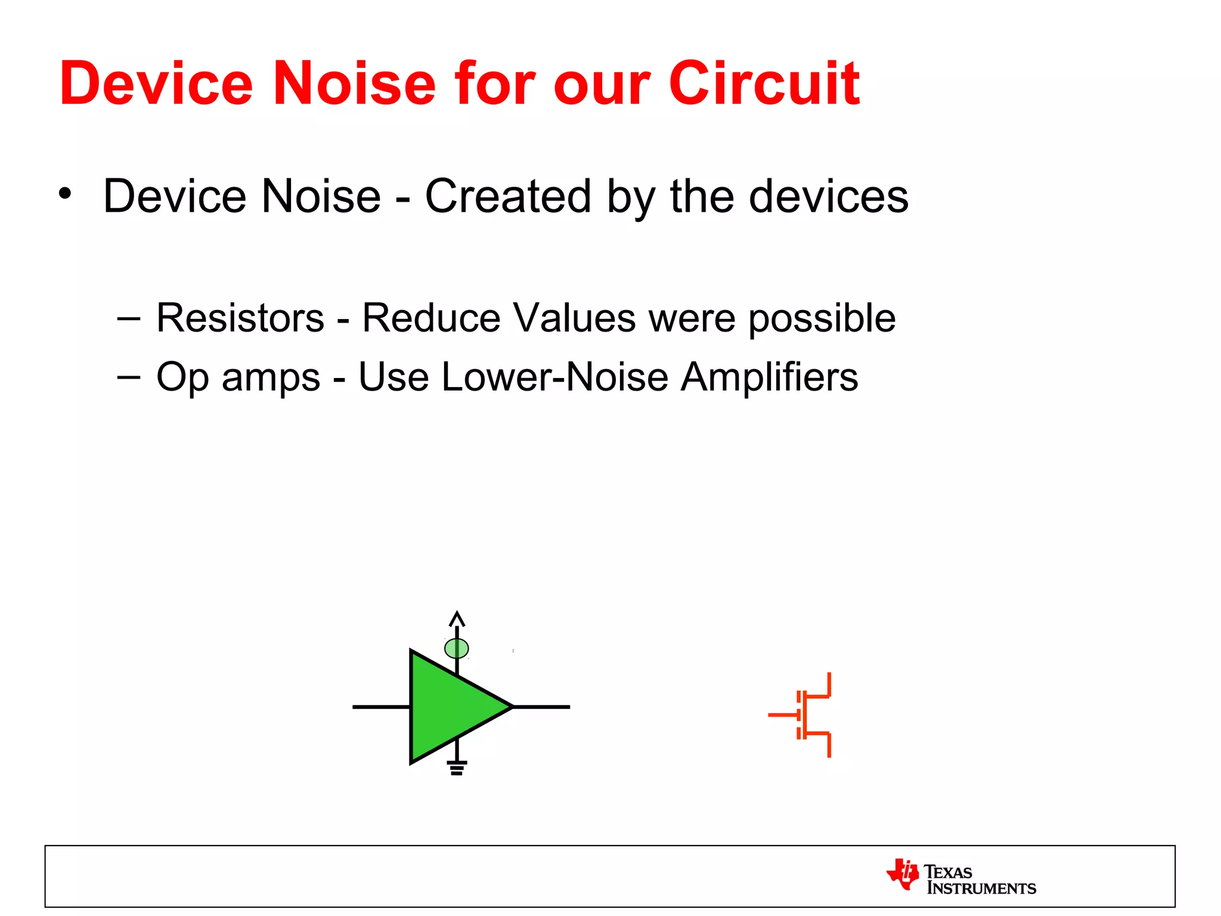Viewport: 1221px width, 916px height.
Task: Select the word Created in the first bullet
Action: [x=507, y=196]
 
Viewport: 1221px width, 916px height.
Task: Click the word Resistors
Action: [x=240, y=318]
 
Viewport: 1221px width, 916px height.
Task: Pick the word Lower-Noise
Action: [x=554, y=377]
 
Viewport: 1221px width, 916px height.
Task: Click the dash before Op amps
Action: [x=129, y=377]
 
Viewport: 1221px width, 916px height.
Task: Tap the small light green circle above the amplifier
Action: [x=457, y=648]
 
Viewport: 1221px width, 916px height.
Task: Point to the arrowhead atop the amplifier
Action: [x=457, y=618]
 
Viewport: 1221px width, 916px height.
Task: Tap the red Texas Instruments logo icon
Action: [x=903, y=874]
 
